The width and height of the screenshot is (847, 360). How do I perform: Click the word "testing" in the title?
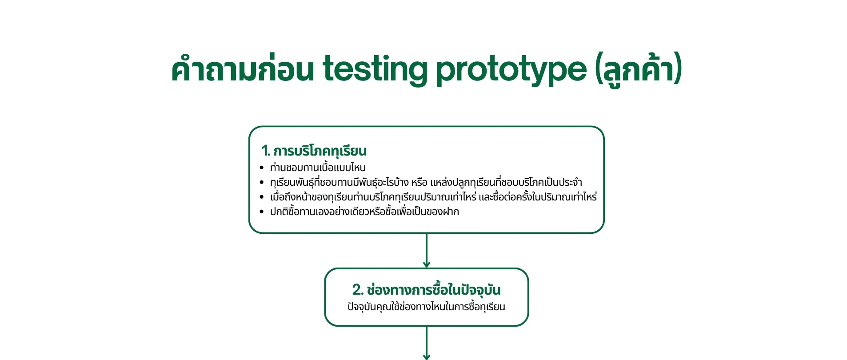click(376, 69)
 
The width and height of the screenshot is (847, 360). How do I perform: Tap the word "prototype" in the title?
click(511, 69)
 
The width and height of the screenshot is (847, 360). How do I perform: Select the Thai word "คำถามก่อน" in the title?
click(242, 69)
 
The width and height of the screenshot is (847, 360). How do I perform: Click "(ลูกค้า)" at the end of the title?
click(638, 69)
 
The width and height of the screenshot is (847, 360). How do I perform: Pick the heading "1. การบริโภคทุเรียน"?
click(314, 151)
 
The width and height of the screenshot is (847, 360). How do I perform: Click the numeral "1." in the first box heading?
click(266, 151)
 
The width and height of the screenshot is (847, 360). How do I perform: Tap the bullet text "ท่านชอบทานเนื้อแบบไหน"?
click(318, 168)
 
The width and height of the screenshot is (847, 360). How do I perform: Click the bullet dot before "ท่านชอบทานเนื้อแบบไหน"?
click(262, 168)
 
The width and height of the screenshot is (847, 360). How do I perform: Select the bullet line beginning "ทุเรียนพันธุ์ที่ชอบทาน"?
click(426, 183)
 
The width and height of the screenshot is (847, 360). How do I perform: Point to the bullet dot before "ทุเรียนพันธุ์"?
click(262, 183)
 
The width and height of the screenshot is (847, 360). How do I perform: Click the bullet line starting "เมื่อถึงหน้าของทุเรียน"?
click(433, 197)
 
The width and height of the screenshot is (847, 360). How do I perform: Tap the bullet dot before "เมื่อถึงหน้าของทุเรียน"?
click(262, 197)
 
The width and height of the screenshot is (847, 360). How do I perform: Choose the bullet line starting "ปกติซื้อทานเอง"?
click(364, 212)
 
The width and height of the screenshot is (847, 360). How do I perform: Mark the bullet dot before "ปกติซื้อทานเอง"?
click(262, 212)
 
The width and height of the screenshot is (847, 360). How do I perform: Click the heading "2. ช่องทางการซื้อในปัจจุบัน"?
click(426, 290)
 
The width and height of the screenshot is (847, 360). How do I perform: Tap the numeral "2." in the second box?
click(358, 290)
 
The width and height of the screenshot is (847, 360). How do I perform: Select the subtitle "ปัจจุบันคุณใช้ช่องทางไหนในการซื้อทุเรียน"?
click(426, 307)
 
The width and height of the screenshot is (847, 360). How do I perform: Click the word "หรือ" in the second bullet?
click(419, 183)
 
